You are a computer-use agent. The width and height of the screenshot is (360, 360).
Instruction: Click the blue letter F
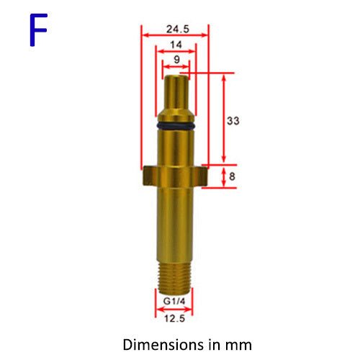38,30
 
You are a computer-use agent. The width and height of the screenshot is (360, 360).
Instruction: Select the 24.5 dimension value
178,29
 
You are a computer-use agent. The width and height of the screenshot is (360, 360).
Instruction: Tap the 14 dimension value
176,45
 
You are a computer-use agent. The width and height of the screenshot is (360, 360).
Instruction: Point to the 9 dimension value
176,59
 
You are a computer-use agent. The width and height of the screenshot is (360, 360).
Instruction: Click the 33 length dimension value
233,121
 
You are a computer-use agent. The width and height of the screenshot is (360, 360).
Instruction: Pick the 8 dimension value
232,176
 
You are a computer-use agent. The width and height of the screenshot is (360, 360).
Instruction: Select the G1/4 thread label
174,301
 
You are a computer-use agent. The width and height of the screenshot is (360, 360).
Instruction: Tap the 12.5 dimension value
174,318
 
